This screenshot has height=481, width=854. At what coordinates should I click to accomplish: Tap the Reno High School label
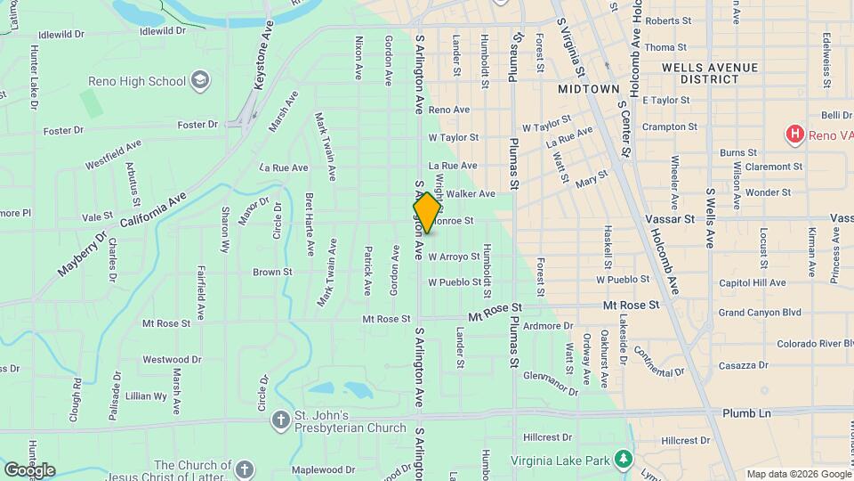point(137,81)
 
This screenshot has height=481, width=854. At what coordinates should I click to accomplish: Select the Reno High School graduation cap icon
point(200,81)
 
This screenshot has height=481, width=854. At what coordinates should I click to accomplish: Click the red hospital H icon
point(794,135)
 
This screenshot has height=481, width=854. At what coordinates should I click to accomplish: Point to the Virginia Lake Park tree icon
point(625,460)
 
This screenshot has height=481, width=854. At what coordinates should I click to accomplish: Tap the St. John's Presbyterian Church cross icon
point(280,419)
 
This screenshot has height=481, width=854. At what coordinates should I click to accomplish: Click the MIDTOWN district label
point(588,90)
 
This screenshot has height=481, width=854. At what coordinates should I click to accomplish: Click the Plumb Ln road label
point(746,413)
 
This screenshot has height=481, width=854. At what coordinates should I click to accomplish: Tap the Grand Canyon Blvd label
point(760,313)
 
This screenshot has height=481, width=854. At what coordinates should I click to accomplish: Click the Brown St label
point(272,272)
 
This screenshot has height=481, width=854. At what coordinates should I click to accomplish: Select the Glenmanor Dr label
point(551,382)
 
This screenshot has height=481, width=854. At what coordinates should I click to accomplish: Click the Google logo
point(29,469)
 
